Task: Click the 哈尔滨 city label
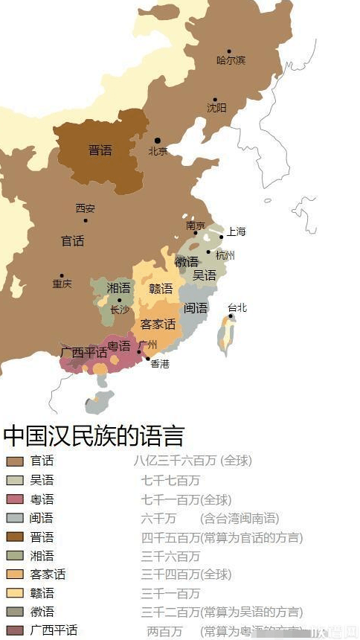[231, 60]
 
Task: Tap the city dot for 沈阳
[215, 100]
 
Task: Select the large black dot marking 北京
[157, 140]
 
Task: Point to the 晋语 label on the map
[100, 150]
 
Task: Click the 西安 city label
[86, 208]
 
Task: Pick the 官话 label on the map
[72, 241]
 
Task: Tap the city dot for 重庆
[62, 275]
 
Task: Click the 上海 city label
[236, 231]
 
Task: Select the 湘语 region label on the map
[118, 288]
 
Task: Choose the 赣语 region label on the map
[160, 289]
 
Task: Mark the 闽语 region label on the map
[196, 307]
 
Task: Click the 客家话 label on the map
[158, 324]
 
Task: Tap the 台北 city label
[237, 307]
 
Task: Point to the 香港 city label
[160, 364]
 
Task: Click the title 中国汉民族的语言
[93, 435]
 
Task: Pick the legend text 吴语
[42, 480]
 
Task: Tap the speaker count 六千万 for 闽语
[158, 518]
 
